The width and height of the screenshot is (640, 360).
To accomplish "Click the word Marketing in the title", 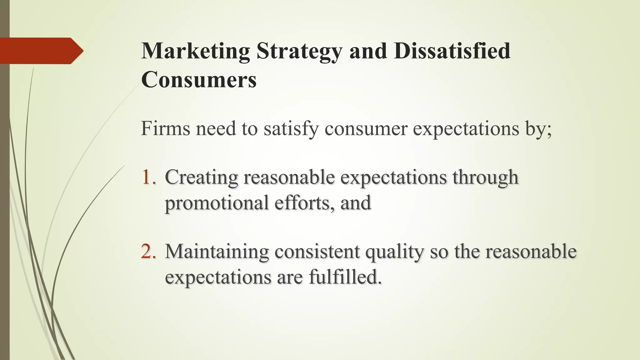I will (196, 51).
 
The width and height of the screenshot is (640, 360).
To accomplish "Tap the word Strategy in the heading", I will (299, 52).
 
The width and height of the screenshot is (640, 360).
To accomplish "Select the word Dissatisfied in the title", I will (452, 51).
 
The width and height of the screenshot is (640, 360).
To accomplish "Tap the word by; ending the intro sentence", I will (538, 129).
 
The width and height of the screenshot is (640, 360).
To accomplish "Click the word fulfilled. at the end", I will (345, 277).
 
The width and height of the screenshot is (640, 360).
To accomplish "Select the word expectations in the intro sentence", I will (466, 129).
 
